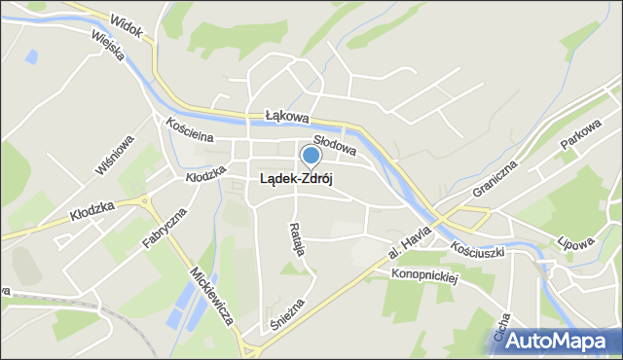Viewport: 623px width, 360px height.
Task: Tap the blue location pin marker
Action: (x=311, y=156)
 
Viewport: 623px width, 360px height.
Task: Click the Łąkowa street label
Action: (x=287, y=116)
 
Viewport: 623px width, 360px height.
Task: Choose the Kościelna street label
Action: (x=189, y=132)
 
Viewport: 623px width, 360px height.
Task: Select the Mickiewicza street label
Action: (x=209, y=298)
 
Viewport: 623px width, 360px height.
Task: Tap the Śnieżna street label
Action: (x=290, y=314)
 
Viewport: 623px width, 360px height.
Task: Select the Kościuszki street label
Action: (x=478, y=250)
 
